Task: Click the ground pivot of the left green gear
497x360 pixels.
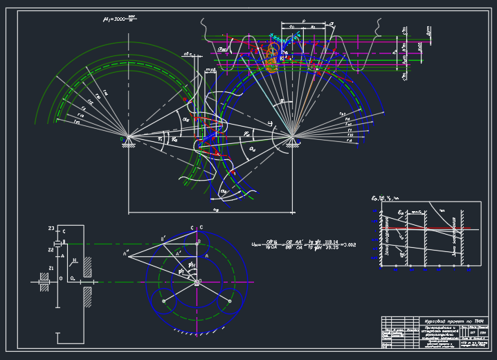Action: (125, 136)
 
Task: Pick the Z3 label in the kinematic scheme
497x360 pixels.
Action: (51, 228)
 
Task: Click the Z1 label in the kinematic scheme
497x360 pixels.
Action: (51, 267)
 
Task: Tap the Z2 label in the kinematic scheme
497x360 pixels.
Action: (51, 249)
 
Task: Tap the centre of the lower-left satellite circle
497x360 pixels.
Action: (163, 301)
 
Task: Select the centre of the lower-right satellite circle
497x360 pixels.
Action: (229, 301)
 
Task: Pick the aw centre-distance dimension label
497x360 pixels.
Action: (216, 208)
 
